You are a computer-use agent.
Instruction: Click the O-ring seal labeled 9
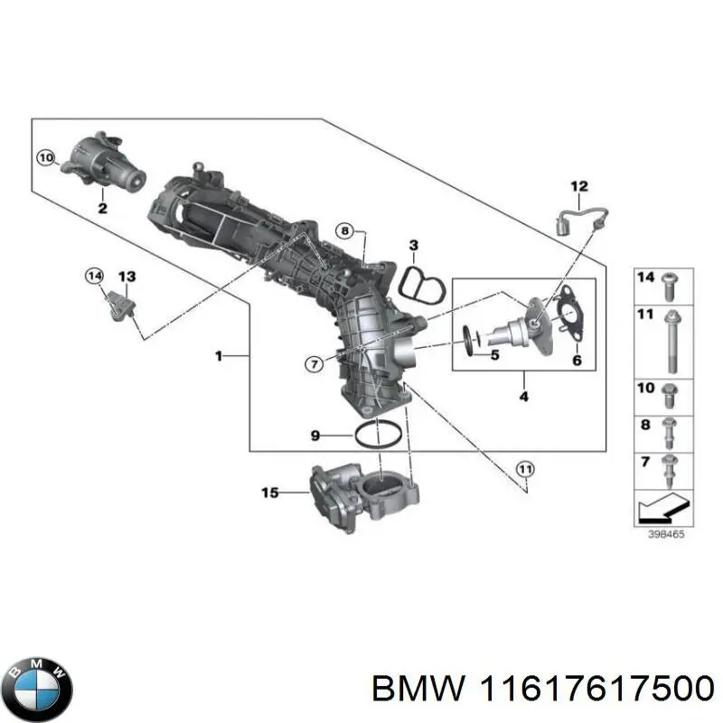click(378, 434)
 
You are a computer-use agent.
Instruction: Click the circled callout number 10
click(46, 159)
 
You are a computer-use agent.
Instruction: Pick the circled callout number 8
click(343, 231)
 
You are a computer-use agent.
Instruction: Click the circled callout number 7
click(313, 364)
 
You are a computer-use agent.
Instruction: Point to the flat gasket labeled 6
click(568, 312)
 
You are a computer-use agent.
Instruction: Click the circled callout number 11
click(525, 467)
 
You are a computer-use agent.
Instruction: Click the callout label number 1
click(218, 357)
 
